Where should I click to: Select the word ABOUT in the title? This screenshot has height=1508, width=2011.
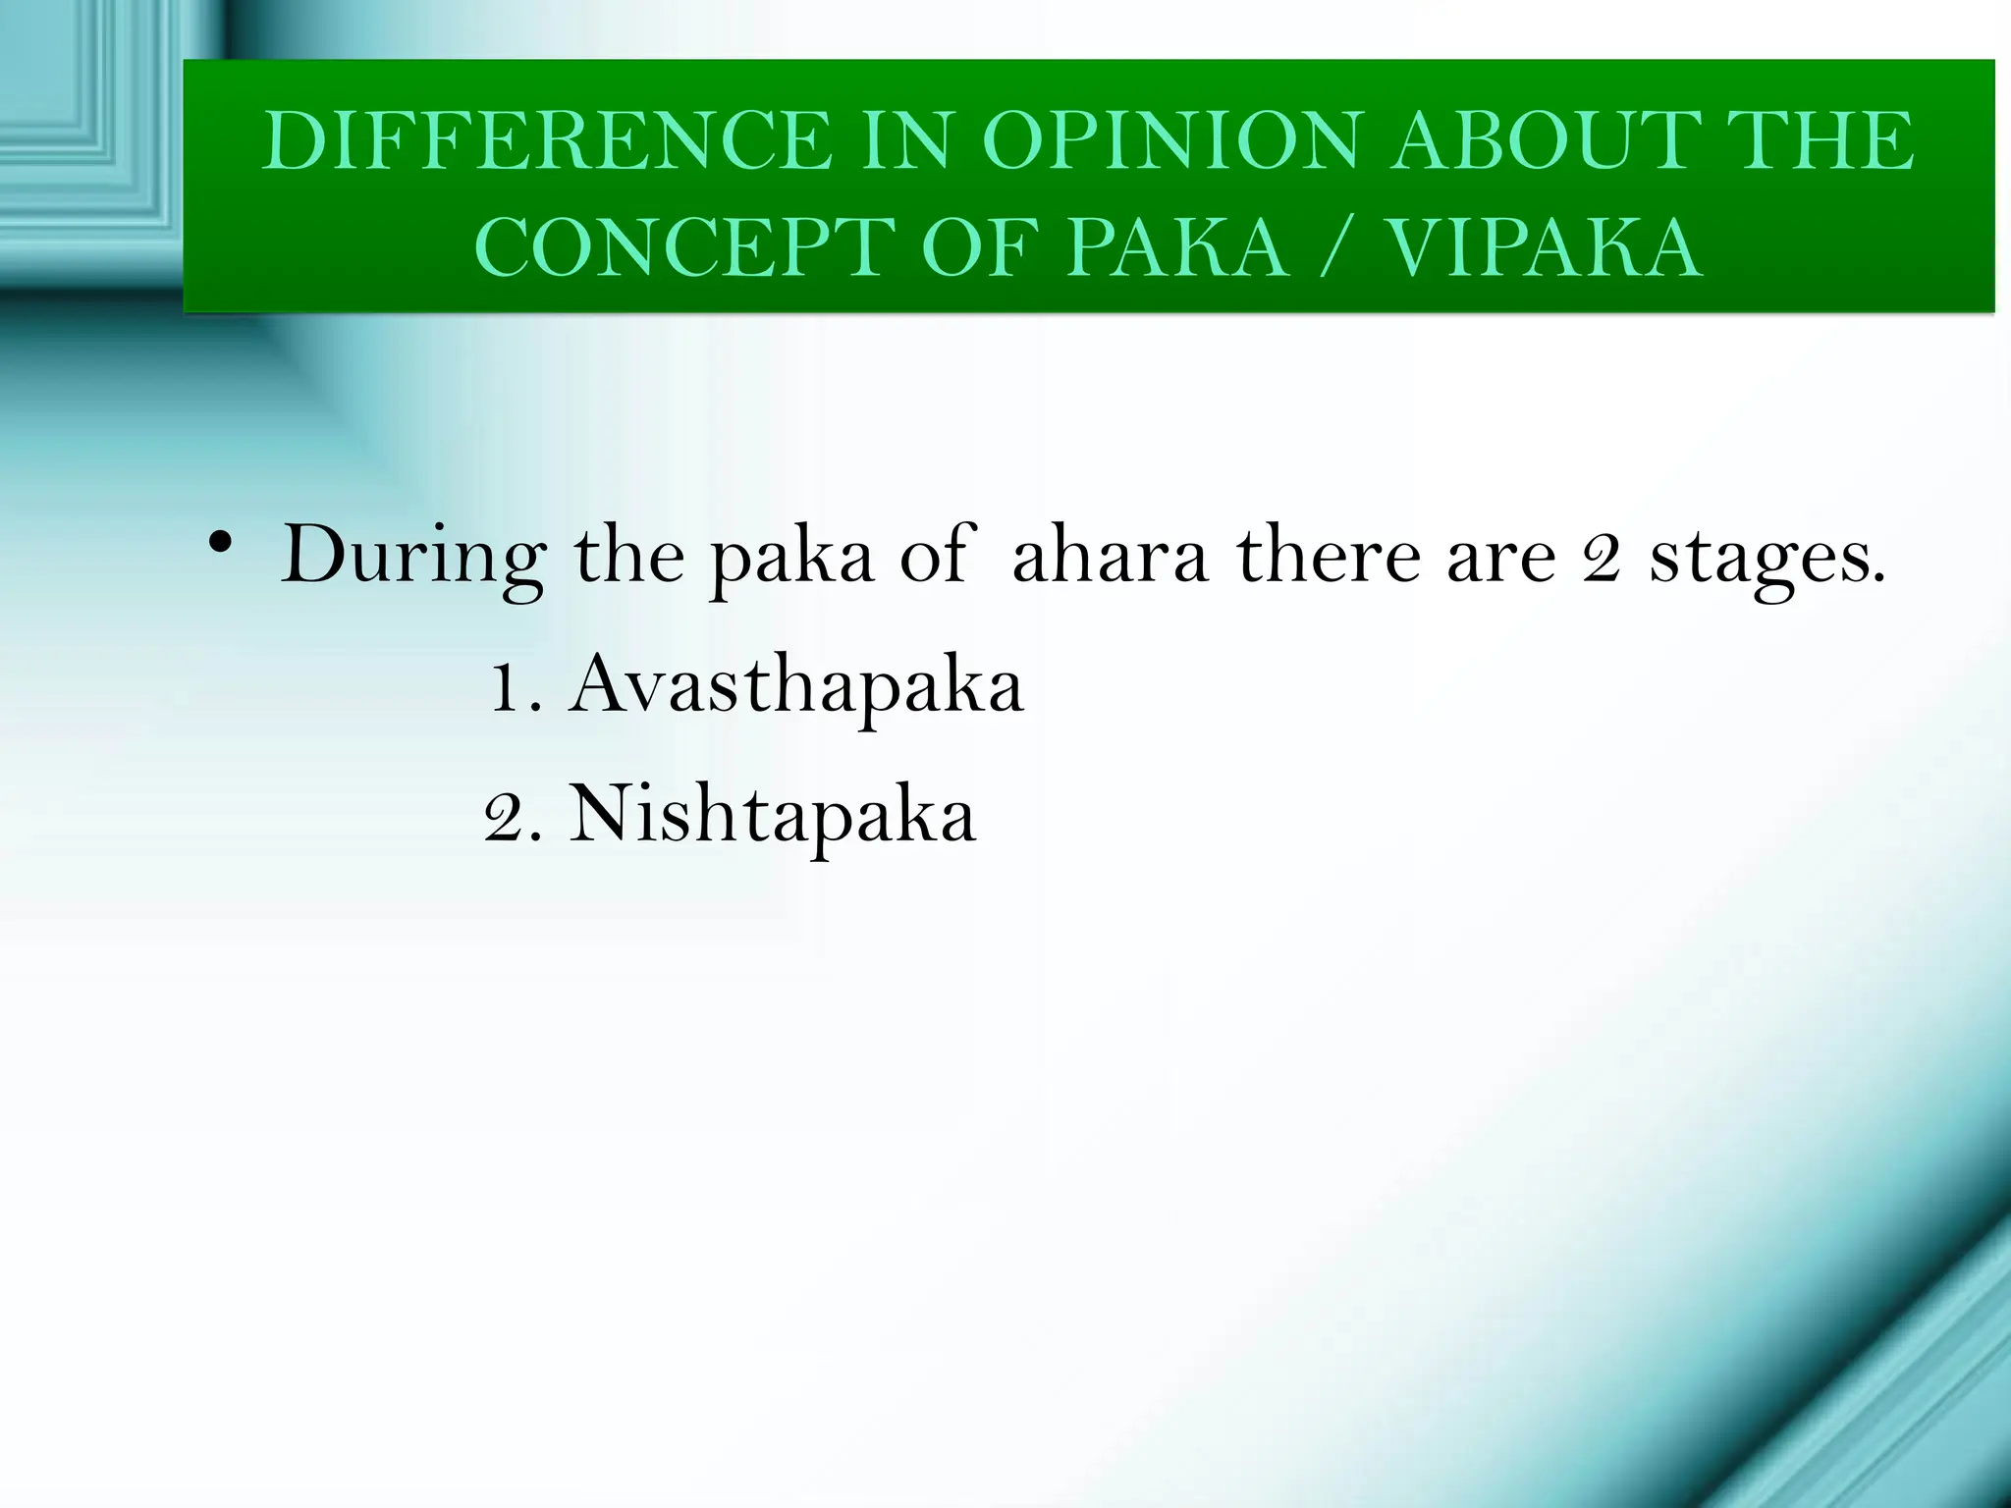[1547, 142]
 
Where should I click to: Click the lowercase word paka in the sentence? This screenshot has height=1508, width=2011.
[791, 557]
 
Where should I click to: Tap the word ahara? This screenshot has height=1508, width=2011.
[1110, 557]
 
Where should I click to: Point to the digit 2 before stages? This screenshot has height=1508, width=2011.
[1601, 557]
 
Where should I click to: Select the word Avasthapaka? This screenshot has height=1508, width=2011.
[796, 686]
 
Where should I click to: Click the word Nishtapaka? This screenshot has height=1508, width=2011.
[773, 814]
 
